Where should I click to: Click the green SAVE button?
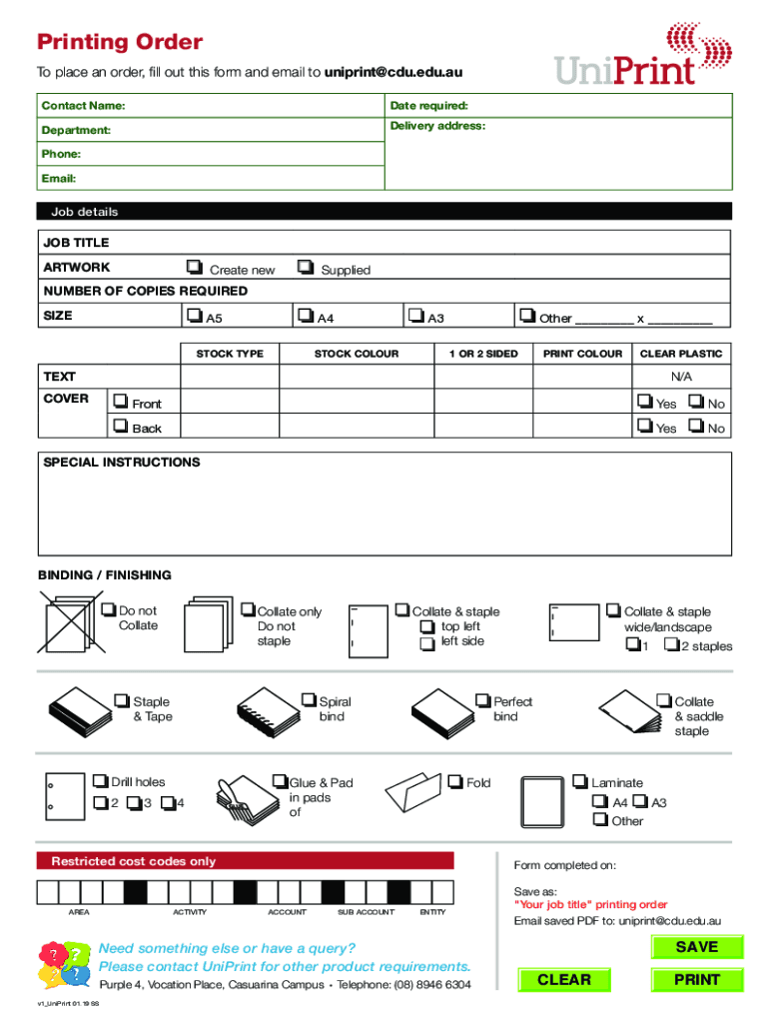tap(696, 946)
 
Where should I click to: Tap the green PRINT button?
tap(696, 980)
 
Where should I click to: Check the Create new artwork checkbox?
tap(194, 268)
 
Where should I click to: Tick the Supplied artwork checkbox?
tap(305, 268)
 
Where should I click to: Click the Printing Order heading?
tap(120, 42)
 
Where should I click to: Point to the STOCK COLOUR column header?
tap(356, 354)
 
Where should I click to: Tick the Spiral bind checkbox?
tap(309, 700)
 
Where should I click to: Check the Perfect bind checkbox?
tap(483, 700)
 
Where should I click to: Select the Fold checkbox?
tap(455, 781)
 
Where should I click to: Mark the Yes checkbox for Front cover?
tap(645, 403)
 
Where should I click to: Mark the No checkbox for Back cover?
tap(696, 428)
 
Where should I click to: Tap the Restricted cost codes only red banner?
tap(246, 861)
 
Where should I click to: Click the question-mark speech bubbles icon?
tap(63, 963)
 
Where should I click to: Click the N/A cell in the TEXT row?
tap(681, 377)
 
